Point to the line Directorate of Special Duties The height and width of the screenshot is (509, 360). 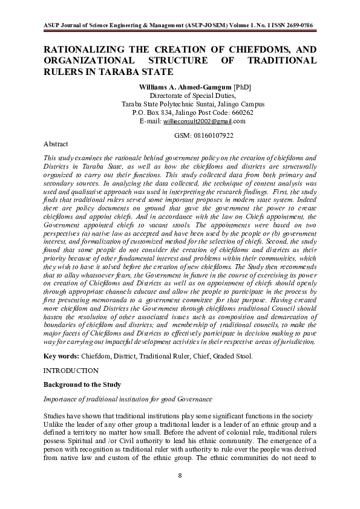pos(192,96)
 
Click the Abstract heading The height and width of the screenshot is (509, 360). pos(56,145)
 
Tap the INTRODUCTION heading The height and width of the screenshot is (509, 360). pos(71,370)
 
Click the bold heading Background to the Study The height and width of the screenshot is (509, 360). pos(82,384)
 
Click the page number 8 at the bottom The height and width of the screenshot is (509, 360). pos(180,476)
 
